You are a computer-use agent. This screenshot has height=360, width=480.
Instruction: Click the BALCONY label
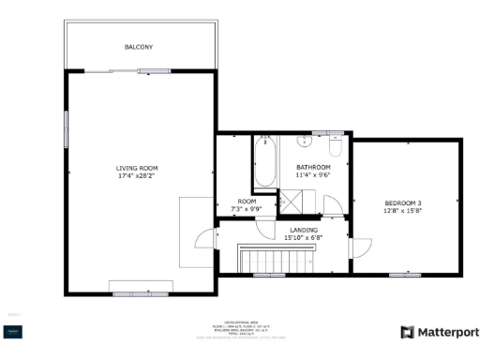click(139, 47)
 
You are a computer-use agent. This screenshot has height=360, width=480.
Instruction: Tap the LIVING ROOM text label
click(137, 167)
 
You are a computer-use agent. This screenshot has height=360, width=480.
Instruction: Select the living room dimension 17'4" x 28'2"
click(137, 175)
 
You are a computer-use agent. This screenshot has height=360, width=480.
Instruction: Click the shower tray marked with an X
click(295, 200)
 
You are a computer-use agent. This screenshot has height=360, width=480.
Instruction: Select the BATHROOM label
click(314, 167)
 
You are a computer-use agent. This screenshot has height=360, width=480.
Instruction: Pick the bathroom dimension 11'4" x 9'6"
click(314, 175)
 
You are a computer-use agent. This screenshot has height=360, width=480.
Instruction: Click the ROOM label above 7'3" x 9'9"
click(247, 201)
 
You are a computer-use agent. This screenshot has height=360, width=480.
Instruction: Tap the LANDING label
click(303, 229)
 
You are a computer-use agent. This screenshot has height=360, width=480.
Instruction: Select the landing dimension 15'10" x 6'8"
click(303, 237)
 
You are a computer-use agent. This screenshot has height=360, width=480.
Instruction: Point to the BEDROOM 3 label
click(403, 203)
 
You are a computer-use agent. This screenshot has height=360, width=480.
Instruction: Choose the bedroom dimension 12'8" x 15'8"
click(403, 212)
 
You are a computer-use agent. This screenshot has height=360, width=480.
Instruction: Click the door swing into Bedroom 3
click(358, 248)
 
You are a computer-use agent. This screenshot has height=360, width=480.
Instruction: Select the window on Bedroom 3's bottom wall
click(404, 274)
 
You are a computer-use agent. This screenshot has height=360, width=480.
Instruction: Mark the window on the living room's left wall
click(66, 127)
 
